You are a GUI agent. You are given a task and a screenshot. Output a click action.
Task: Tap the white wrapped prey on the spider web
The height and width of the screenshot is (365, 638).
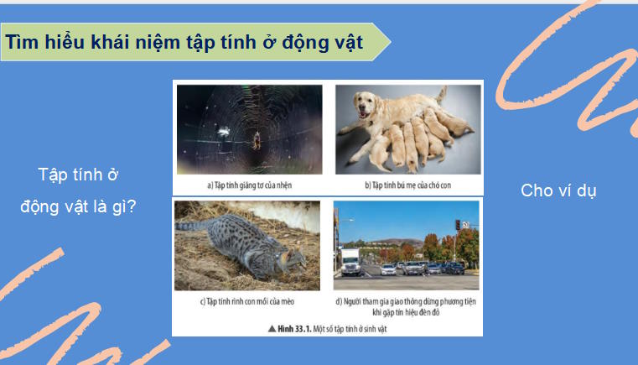coord(224,131)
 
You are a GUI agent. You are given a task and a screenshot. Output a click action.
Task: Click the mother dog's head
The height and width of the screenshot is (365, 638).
coord(368,106)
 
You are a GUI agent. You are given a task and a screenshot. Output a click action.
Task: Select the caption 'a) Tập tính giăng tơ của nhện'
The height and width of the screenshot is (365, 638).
coord(249,183)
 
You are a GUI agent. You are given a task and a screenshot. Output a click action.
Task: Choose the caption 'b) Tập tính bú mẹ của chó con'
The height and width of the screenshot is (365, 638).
coord(407,183)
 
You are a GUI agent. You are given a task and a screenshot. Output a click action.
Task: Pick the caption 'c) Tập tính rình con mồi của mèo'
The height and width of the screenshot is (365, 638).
coord(249,300)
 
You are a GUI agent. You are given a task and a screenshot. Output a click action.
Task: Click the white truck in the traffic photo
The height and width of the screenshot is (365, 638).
coord(350,261)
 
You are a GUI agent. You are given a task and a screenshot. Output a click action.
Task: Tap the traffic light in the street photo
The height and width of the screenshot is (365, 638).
coord(457,225)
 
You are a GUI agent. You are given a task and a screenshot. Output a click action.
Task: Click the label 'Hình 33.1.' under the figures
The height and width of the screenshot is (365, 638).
coord(295,330)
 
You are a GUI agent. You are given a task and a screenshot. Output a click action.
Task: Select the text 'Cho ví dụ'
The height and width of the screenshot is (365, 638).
coord(558,190)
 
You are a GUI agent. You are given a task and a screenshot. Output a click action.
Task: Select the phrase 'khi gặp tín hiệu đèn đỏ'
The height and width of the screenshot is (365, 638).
coord(407,311)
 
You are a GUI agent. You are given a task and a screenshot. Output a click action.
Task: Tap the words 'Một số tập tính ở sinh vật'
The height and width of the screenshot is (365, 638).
coord(351,330)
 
